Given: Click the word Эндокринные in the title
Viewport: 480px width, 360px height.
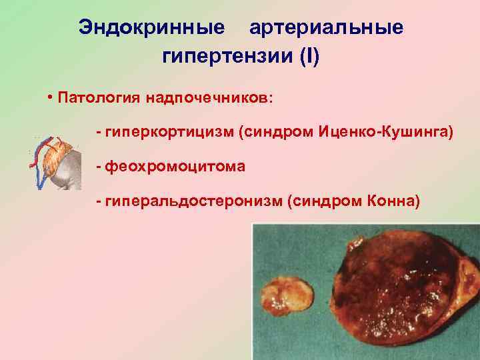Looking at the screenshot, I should (x=151, y=27).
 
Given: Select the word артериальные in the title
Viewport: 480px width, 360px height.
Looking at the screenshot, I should (x=326, y=27).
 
